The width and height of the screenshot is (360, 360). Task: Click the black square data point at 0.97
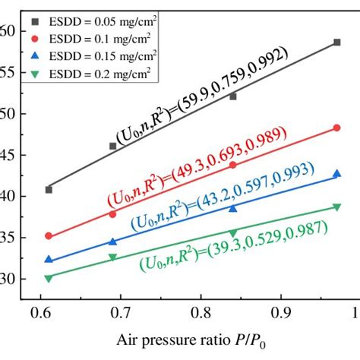[x=336, y=43]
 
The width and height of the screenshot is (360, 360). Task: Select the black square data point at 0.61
[x=49, y=189]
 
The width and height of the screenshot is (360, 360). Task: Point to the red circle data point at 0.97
[x=336, y=128]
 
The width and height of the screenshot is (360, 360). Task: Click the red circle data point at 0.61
[x=49, y=236]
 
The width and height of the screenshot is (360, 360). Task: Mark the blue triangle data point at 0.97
[x=336, y=174]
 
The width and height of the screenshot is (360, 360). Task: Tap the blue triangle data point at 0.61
[x=49, y=259]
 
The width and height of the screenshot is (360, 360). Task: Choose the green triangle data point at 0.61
[x=49, y=278]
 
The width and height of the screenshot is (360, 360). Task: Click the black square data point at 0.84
[x=233, y=96]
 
